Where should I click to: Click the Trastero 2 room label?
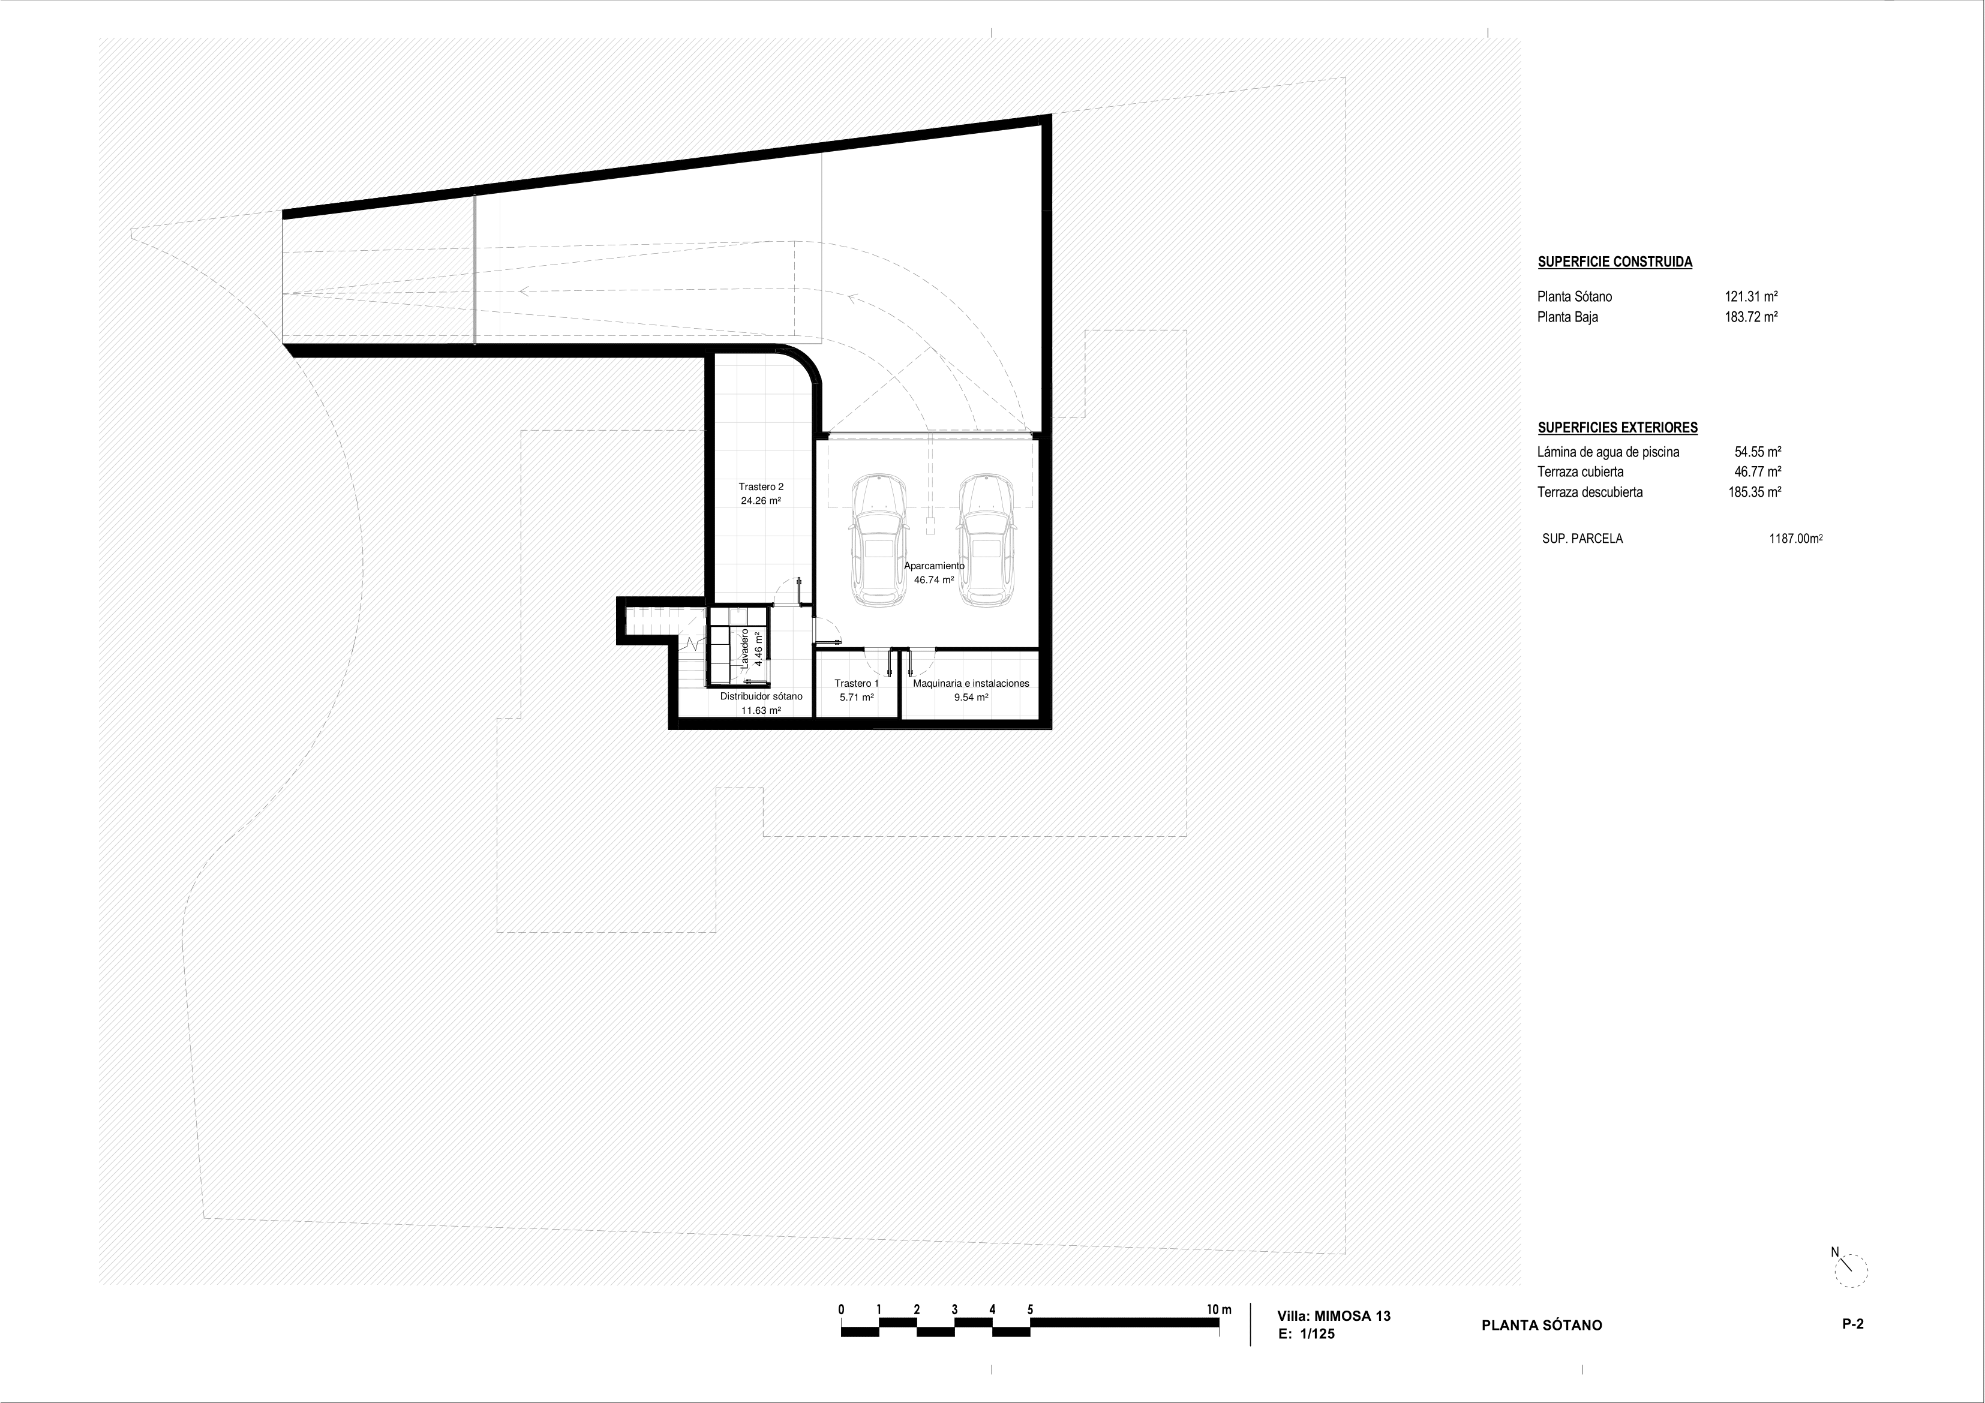pos(761,486)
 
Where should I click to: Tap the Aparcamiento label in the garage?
pos(933,566)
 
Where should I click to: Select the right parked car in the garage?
pos(987,539)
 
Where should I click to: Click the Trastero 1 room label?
pos(856,683)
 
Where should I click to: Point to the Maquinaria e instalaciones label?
pos(971,683)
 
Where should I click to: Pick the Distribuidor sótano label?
pos(761,696)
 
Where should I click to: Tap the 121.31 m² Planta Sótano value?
pos(1750,296)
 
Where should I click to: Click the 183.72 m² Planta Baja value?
pos(1750,317)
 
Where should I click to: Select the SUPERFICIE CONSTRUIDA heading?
pos(1615,262)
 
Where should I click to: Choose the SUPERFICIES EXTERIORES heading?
pos(1617,427)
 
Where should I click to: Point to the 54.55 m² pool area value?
pos(1758,451)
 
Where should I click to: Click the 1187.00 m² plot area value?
pos(1795,539)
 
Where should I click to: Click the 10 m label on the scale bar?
pos(1219,1309)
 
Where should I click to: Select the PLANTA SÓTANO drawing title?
pos(1542,1325)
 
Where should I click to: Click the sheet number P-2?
pos(1852,1323)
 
